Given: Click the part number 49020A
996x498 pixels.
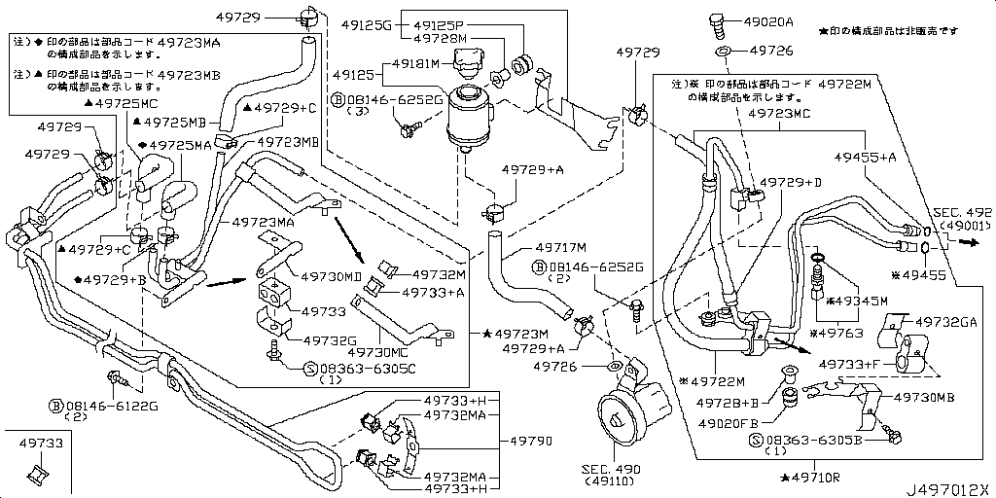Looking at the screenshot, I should tap(768, 20).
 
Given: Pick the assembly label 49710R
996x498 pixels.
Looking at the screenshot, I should tap(815, 479).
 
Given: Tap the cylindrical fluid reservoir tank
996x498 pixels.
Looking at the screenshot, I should tap(471, 116).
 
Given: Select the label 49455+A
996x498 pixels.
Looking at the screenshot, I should tap(864, 156).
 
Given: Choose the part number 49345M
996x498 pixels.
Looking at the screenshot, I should tap(862, 302).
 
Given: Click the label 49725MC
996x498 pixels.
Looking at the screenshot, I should tap(125, 103).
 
